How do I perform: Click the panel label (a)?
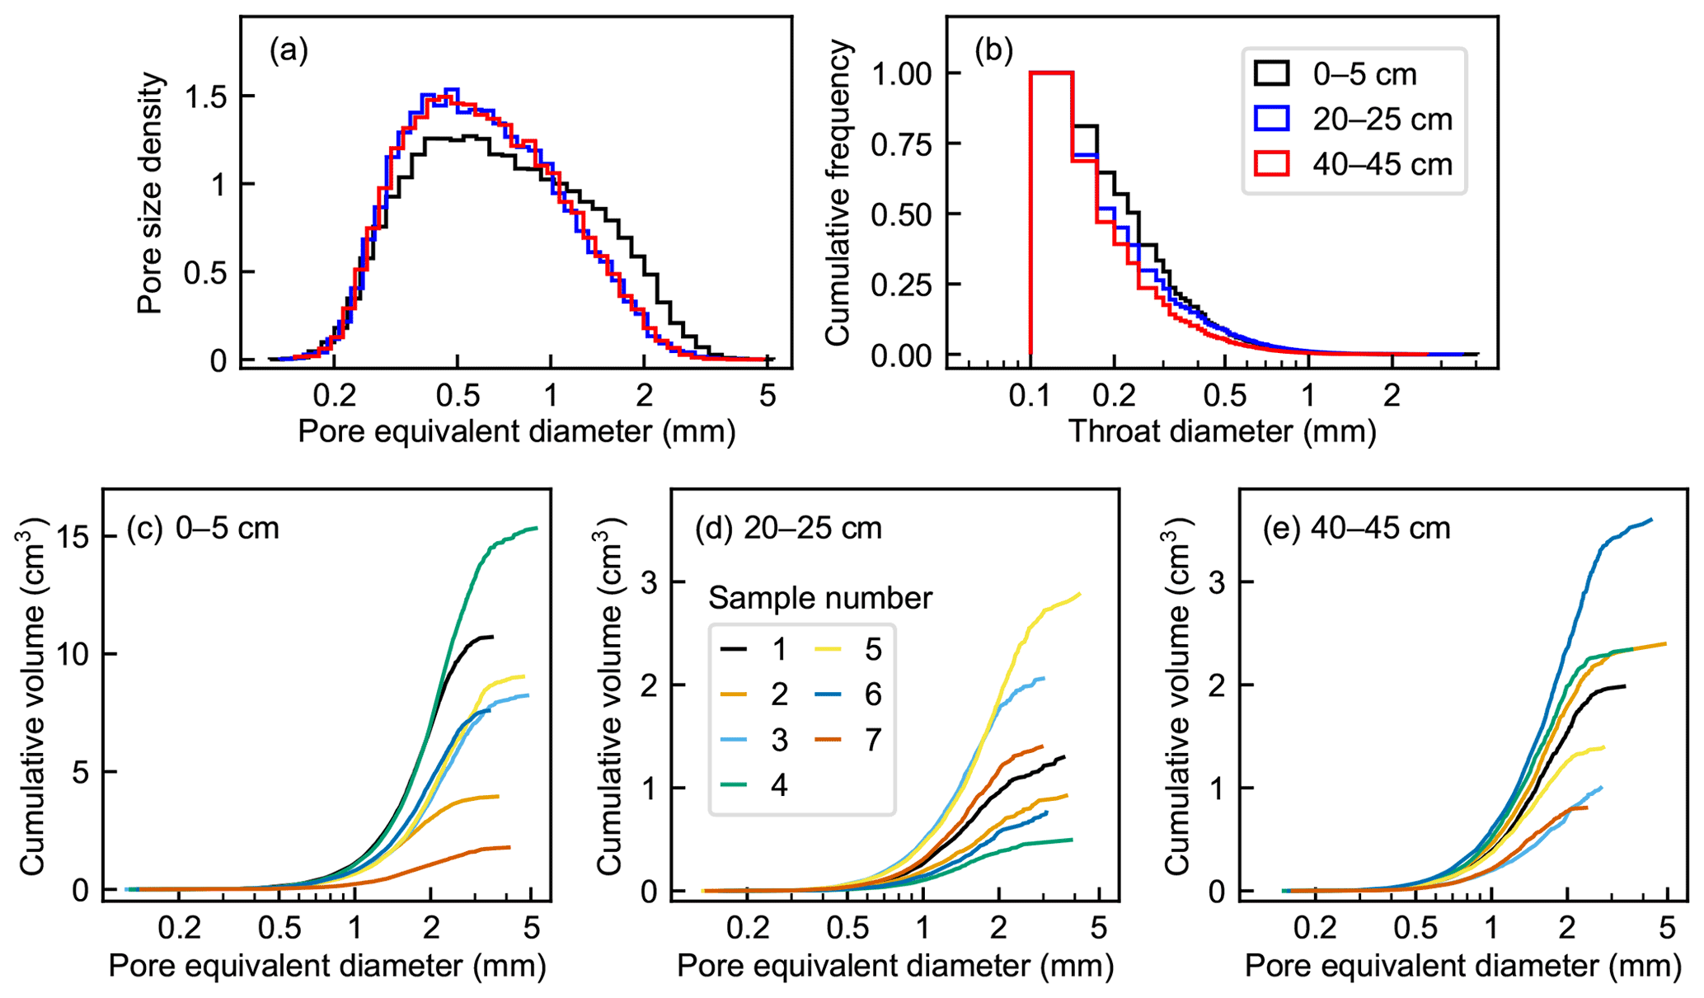(289, 51)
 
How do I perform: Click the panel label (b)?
(993, 51)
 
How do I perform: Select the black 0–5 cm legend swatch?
(1271, 73)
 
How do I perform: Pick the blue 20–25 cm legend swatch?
(1271, 119)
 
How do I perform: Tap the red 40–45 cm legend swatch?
(1271, 164)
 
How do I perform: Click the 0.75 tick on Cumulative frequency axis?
(904, 144)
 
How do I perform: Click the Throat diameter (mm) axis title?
(1222, 431)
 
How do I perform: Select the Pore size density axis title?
(150, 194)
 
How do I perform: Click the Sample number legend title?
(820, 598)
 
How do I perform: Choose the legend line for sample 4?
(734, 785)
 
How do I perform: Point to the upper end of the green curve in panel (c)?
(537, 529)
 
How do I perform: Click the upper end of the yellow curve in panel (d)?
(1079, 594)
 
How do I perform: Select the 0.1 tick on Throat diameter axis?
(1030, 396)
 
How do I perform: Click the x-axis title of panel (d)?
(895, 966)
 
